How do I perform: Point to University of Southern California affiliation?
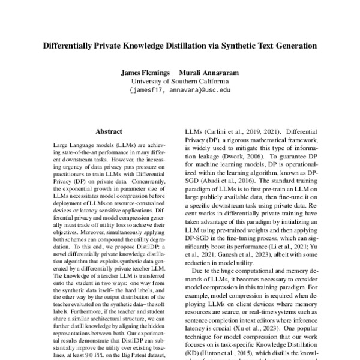pos(180,82)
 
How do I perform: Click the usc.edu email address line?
pos(180,91)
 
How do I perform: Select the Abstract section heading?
pos(109,130)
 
